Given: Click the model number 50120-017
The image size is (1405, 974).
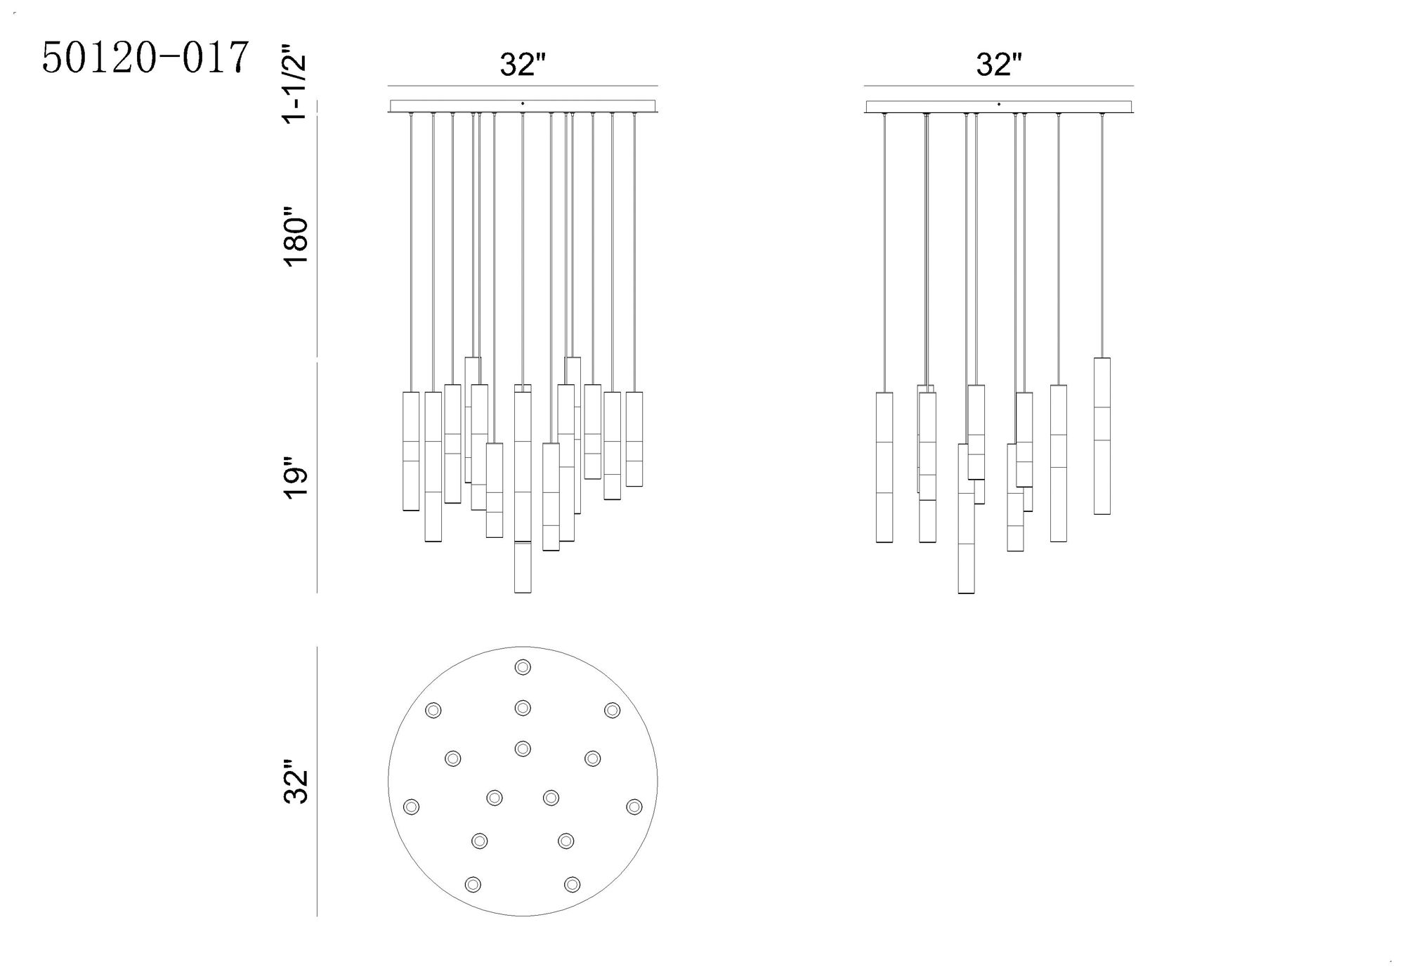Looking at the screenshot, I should tap(145, 58).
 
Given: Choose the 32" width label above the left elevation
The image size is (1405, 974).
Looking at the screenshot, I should tap(523, 65).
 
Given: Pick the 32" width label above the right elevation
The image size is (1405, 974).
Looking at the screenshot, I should tap(998, 65).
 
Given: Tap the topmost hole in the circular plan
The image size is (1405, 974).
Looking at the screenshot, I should tap(523, 666).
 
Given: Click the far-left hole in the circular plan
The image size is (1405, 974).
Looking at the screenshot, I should tap(411, 807).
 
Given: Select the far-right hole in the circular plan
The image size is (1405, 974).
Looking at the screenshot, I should tap(634, 806).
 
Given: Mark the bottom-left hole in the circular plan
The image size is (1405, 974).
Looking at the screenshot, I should tap(473, 884).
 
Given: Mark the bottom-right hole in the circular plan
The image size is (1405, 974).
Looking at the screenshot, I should tap(573, 884).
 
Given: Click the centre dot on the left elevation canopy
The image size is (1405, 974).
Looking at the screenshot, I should tap(523, 104).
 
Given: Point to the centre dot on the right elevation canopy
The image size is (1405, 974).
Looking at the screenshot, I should tap(999, 104).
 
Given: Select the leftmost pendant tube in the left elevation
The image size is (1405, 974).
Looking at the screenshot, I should tap(411, 451).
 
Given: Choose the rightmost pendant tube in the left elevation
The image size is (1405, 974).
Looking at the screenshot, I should tap(634, 439).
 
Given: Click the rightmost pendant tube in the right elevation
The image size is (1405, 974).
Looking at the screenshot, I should tap(1102, 436).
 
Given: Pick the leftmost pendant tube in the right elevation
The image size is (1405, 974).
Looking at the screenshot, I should tap(884, 467).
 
